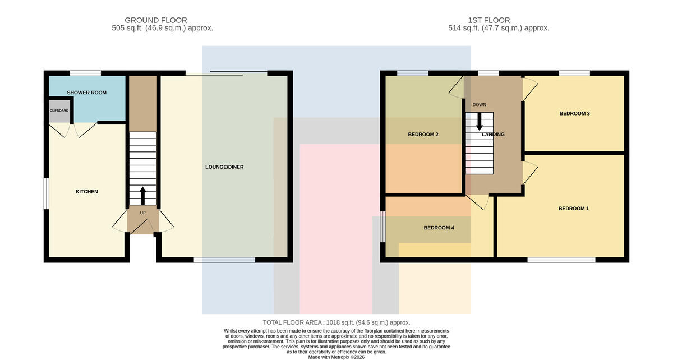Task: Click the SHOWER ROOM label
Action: point(86,93)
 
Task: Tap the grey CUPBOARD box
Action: point(59,111)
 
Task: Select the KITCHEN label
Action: point(86,192)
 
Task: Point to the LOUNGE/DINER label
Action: point(224,167)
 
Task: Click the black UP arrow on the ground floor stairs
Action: point(142,196)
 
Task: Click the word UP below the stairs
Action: point(142,213)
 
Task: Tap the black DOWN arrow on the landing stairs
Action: point(480,122)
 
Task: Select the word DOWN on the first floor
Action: point(479,104)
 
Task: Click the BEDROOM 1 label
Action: point(574,209)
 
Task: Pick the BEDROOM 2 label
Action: point(423,135)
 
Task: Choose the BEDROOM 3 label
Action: point(574,114)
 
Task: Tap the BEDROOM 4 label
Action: point(439,228)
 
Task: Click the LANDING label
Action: point(493,135)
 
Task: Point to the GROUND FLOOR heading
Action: point(156,20)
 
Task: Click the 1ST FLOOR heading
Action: point(489,20)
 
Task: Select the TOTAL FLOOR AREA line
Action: point(336,322)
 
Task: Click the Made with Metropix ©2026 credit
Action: point(336,357)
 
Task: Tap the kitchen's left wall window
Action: point(46,193)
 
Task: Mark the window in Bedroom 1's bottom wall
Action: point(561,260)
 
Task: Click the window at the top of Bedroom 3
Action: point(574,73)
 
